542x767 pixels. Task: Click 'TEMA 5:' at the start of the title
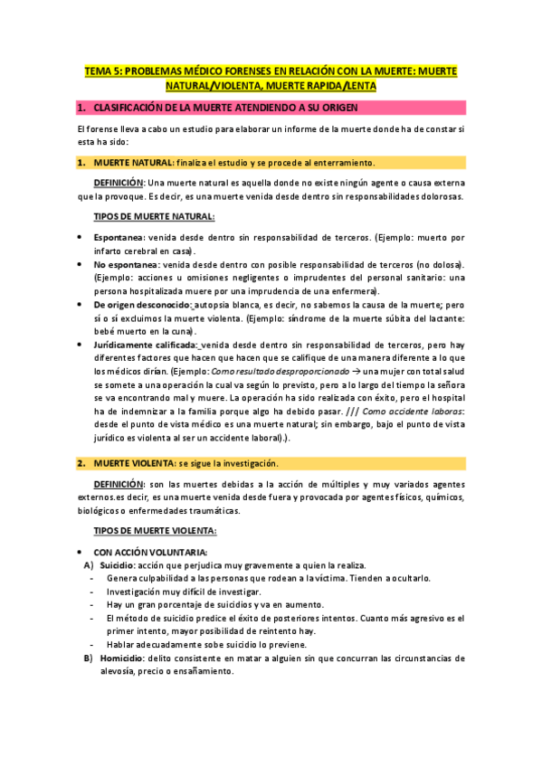[103, 70]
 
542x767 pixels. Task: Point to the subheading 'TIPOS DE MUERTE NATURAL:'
[155, 217]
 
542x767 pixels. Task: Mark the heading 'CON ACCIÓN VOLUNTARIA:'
[151, 551]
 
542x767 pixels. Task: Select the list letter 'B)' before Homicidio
[89, 658]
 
